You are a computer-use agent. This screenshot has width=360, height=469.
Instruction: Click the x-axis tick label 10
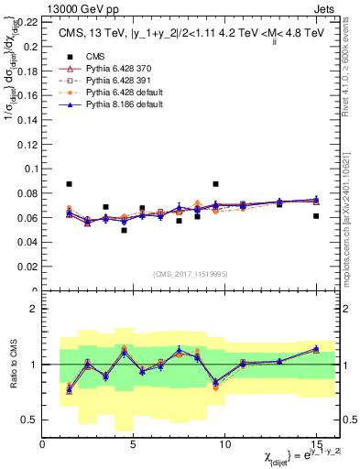click(225, 443)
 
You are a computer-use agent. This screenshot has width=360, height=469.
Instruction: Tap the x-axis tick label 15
click(316, 443)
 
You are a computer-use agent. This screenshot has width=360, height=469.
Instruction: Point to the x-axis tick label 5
click(134, 443)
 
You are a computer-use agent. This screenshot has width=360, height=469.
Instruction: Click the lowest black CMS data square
click(124, 230)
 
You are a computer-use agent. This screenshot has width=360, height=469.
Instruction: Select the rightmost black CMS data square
click(316, 216)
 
